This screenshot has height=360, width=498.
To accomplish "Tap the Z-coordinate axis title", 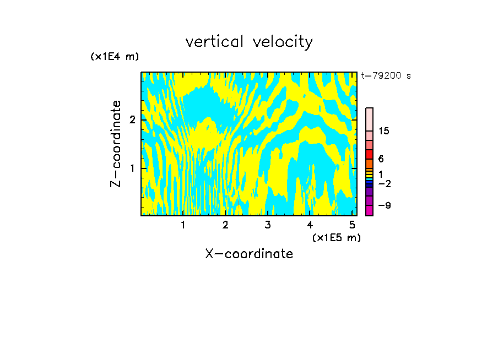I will pos(116,144).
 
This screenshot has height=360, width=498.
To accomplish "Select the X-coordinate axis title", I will pos(249,254).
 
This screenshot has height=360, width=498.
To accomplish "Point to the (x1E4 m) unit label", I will pos(115,57).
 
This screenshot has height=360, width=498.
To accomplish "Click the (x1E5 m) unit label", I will pos(336,237).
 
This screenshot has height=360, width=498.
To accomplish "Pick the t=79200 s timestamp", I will pos(386,76).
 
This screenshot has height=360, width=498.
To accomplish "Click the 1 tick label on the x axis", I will pos(183,225).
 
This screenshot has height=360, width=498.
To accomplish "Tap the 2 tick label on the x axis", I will pos(225,225).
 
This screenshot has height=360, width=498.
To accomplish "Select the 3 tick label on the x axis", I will pos(268,225).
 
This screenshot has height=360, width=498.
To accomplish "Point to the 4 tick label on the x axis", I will pos(310,225).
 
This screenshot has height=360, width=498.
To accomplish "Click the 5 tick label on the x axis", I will pos(351,225).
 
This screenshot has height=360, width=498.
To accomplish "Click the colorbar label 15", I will pos(384,131).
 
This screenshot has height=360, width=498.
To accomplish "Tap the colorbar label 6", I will pos(381,159).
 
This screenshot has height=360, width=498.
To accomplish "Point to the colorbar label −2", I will pos(384,183).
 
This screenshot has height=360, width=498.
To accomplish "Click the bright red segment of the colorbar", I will pos(370,154).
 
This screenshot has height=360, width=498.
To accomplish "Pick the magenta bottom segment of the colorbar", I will pos(370,210).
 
